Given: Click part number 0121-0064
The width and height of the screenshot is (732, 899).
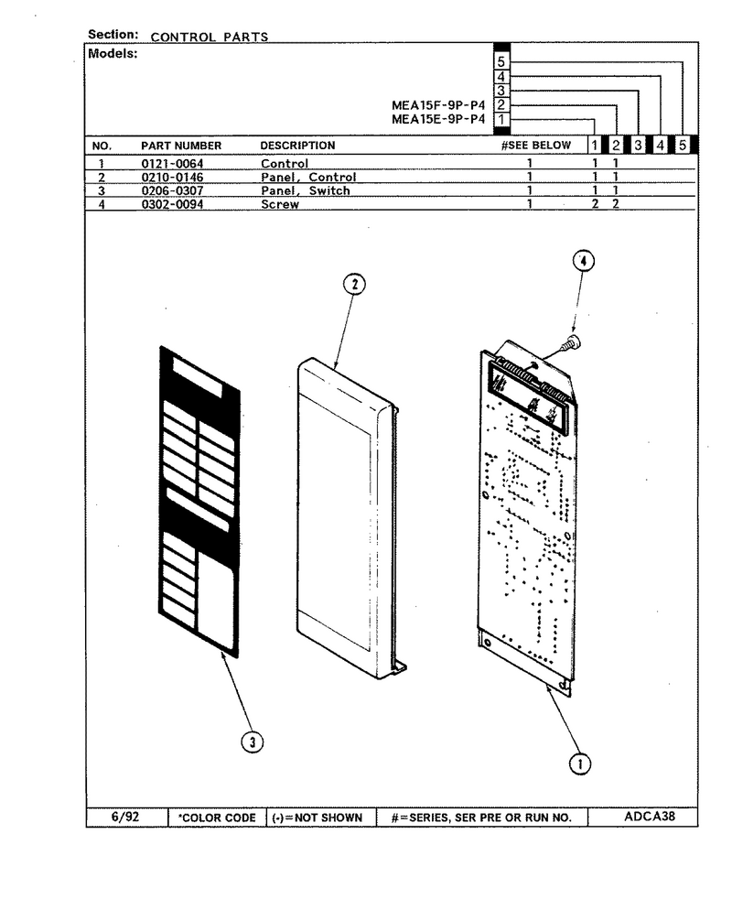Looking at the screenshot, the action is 172,163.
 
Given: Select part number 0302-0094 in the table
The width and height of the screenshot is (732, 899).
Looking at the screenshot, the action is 172,204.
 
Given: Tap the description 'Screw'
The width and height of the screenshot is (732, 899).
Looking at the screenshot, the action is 280,204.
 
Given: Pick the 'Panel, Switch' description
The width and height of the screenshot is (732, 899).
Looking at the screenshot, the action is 305,190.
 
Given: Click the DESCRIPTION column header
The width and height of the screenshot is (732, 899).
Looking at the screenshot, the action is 297,145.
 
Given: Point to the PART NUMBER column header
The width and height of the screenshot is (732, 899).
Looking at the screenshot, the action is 181,146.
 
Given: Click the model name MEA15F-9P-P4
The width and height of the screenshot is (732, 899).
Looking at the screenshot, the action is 438,105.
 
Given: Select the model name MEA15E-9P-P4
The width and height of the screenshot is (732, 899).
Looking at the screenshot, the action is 438,119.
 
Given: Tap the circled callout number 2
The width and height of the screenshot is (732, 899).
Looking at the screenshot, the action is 355,284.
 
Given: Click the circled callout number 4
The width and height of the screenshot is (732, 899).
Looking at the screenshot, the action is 584,262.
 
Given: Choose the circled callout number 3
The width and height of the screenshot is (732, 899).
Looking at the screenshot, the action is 253,742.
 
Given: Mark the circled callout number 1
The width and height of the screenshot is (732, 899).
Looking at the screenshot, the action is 579,764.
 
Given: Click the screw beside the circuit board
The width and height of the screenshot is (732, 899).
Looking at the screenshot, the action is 571,344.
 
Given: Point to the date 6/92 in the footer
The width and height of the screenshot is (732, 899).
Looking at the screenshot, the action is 125,817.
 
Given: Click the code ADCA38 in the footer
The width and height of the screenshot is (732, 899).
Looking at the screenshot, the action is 650,816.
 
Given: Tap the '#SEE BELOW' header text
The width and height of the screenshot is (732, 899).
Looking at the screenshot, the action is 536,145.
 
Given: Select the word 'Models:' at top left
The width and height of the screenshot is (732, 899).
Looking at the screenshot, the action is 113,54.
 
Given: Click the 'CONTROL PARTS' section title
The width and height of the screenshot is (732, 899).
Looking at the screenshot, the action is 210,37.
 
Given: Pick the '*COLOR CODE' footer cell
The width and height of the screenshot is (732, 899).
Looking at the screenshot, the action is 217,818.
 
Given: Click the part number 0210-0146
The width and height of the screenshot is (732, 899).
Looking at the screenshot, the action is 172,178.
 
